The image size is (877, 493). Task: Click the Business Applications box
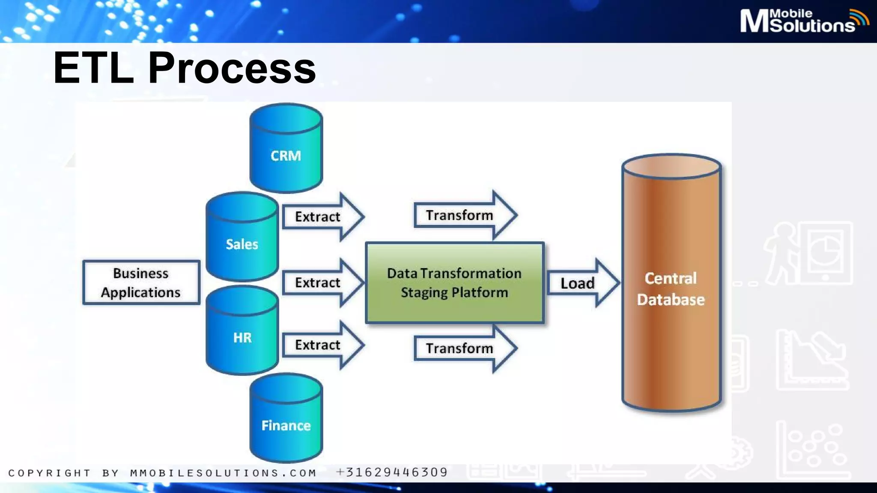(141, 282)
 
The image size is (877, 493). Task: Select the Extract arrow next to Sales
(321, 217)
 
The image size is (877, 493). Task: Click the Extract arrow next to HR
(321, 345)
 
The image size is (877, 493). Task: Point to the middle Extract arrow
(321, 282)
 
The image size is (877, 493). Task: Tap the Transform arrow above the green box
(462, 215)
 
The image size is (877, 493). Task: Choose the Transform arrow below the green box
(462, 348)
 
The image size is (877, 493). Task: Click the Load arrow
(580, 283)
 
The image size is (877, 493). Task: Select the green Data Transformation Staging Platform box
(454, 282)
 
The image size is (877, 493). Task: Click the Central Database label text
(671, 289)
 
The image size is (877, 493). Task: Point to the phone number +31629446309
(392, 472)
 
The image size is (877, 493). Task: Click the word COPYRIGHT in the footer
(49, 473)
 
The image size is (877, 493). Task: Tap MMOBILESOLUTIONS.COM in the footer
(223, 473)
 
